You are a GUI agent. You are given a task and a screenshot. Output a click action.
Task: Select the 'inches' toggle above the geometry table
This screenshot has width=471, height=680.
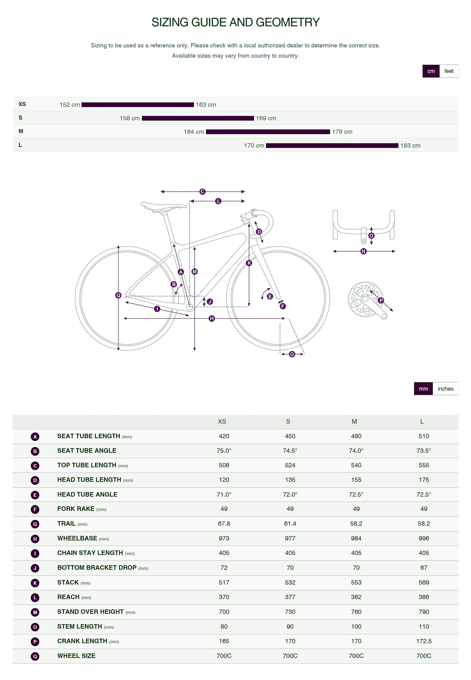click(x=445, y=389)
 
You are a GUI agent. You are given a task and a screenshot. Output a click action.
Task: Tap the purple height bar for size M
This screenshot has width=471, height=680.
click(x=268, y=132)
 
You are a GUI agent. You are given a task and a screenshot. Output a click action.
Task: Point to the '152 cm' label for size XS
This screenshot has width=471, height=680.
click(x=70, y=105)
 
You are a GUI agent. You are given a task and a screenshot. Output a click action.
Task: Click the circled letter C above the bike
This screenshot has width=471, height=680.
click(x=202, y=192)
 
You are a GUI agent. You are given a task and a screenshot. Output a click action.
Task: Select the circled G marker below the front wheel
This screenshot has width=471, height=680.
click(x=292, y=354)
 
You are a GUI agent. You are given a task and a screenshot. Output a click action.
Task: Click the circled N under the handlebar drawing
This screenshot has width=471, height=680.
click(x=364, y=251)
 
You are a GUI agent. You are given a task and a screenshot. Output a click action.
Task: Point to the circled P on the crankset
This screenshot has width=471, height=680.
click(x=381, y=300)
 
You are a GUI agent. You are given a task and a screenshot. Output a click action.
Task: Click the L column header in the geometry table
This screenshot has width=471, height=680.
click(x=422, y=422)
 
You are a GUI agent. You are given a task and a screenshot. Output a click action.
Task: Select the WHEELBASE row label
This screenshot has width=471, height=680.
click(x=77, y=538)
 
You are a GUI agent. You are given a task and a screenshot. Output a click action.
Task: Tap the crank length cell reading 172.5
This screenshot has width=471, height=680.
click(x=424, y=641)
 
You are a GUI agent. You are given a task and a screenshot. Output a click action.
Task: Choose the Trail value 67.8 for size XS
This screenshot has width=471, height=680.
click(x=224, y=523)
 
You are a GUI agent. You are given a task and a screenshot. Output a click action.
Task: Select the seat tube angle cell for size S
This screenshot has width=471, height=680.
click(x=290, y=451)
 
